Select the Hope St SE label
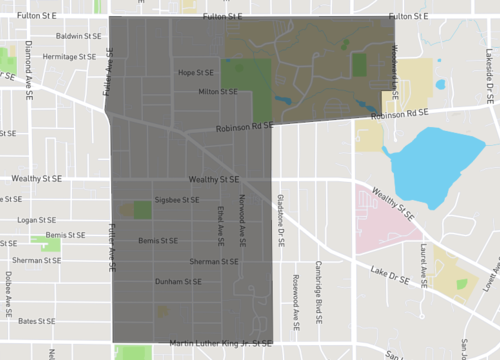pos(197,73)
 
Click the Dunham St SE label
pos(177,281)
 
